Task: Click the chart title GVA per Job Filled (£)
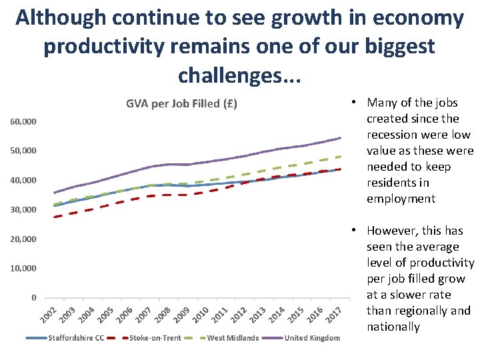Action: click(182, 103)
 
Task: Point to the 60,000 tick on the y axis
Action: click(23, 122)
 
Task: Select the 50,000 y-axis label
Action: click(23, 151)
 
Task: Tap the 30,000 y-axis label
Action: click(23, 210)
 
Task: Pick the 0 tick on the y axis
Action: click(33, 298)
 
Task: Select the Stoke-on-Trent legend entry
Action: click(155, 338)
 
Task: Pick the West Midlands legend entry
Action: click(233, 338)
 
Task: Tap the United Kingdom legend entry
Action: click(312, 338)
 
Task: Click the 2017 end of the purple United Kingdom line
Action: click(340, 138)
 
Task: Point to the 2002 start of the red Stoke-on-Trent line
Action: click(55, 217)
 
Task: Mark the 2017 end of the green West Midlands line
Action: click(340, 157)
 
